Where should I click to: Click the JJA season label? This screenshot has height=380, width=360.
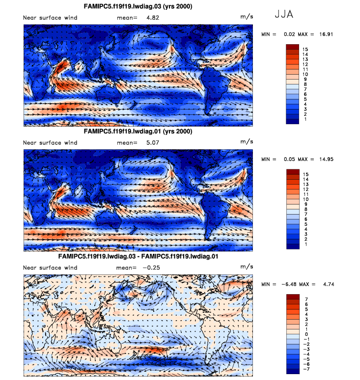tap(284, 14)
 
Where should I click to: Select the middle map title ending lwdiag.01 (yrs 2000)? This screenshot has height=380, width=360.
tap(138, 132)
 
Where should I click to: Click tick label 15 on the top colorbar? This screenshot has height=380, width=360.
tap(305, 49)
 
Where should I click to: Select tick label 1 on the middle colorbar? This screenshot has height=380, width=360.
tap(305, 244)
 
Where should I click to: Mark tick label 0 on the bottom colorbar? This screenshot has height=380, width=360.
tap(305, 333)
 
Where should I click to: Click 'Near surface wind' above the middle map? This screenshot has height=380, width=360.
tap(50, 143)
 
